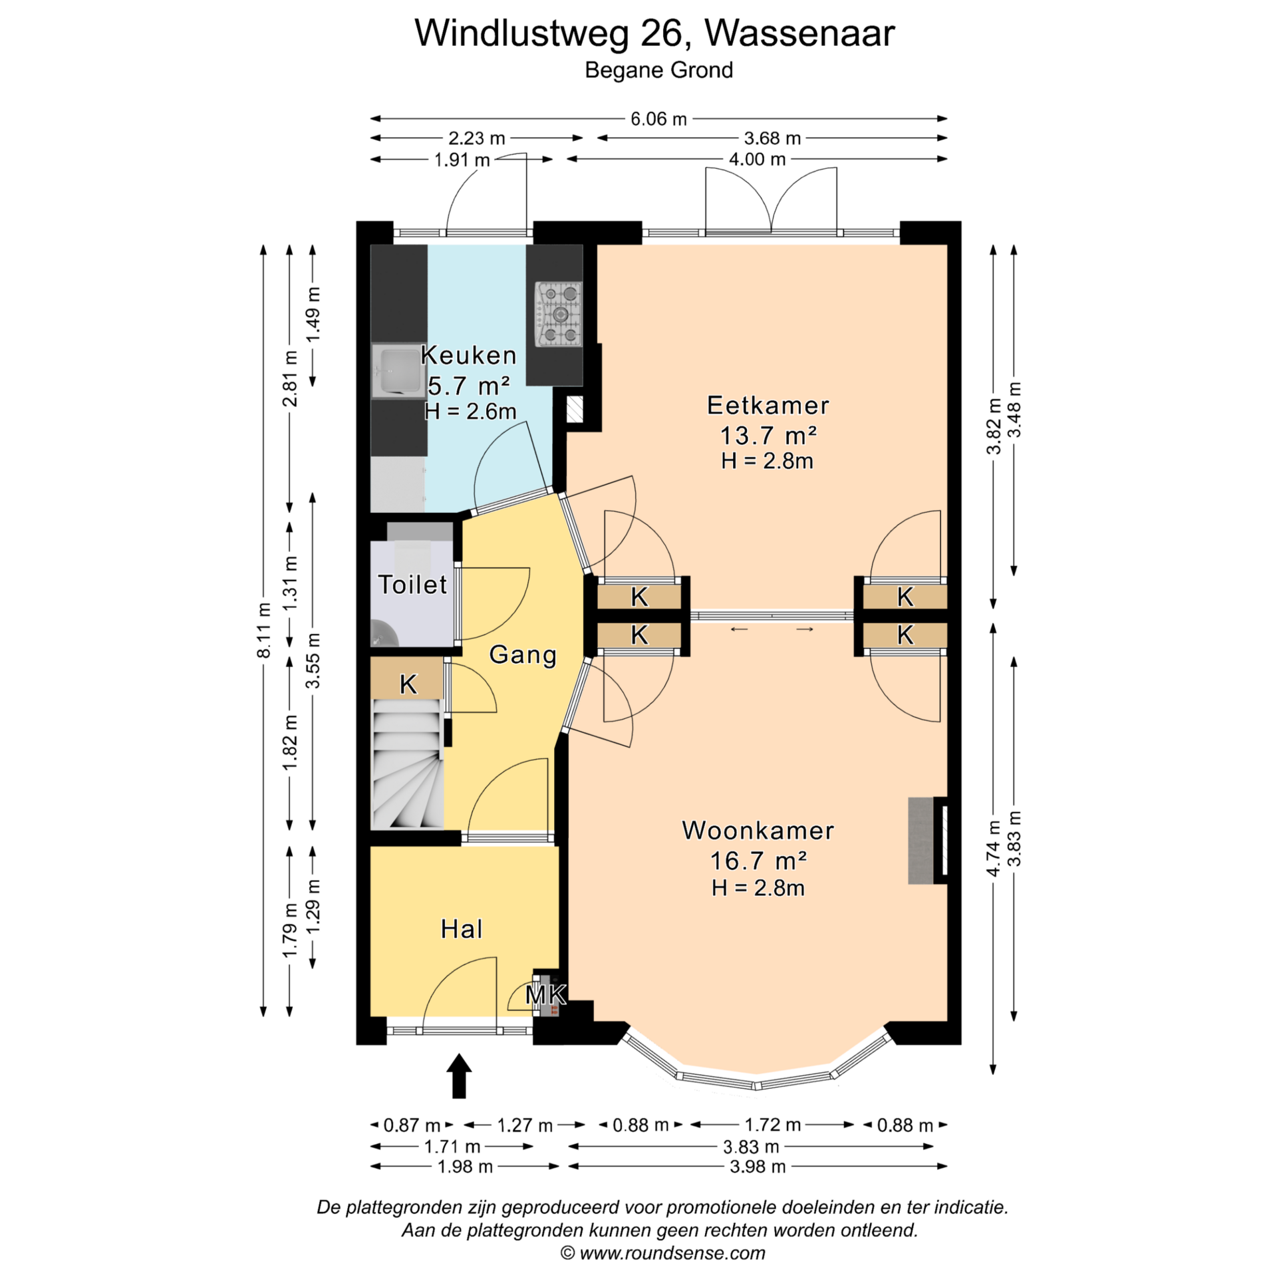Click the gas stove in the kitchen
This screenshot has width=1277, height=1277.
pyautogui.click(x=559, y=314)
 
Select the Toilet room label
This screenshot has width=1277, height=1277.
pyautogui.click(x=412, y=585)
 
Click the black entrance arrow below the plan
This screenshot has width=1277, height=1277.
pyautogui.click(x=459, y=1075)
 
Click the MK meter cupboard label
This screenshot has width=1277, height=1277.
pyautogui.click(x=546, y=995)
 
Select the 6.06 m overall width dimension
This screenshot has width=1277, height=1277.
pyautogui.click(x=658, y=119)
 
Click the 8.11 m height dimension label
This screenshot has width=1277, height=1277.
pyautogui.click(x=264, y=630)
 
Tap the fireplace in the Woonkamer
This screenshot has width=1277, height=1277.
pyautogui.click(x=928, y=840)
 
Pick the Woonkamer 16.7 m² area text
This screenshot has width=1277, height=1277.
pyautogui.click(x=758, y=861)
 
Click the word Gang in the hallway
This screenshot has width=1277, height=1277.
pyautogui.click(x=523, y=655)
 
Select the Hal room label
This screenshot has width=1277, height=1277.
pyautogui.click(x=462, y=929)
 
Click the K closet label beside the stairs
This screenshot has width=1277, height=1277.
pyautogui.click(x=408, y=684)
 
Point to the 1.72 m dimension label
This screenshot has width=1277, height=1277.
pyautogui.click(x=772, y=1125)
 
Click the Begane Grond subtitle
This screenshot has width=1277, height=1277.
pyautogui.click(x=658, y=70)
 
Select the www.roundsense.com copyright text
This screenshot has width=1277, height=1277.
pyautogui.click(x=662, y=1253)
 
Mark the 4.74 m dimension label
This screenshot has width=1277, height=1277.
pyautogui.click(x=993, y=848)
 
